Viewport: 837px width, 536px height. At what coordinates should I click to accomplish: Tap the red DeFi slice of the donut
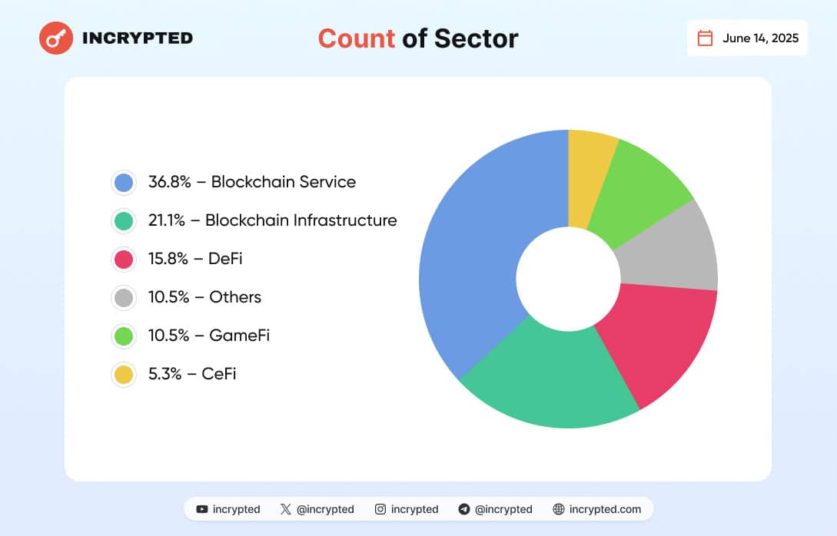click(653, 338)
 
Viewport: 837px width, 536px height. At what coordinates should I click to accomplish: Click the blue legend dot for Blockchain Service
click(123, 182)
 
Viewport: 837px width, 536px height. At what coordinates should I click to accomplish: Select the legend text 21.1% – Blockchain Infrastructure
click(272, 220)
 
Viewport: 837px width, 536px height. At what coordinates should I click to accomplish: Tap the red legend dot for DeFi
click(123, 259)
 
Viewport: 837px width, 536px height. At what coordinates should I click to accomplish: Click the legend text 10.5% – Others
click(204, 297)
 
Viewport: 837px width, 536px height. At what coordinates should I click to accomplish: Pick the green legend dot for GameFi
click(123, 336)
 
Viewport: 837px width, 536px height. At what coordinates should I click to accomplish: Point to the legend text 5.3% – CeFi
click(192, 374)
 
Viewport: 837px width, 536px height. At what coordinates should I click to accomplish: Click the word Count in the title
click(356, 38)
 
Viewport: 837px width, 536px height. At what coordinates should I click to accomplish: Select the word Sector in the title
click(476, 38)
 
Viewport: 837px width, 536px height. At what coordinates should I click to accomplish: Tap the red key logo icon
click(56, 38)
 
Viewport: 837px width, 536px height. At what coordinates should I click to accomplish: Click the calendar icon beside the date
click(705, 38)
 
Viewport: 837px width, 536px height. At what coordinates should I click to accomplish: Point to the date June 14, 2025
click(760, 38)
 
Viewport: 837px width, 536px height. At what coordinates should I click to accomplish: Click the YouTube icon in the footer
click(202, 509)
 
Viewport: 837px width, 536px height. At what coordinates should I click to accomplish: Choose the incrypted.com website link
click(604, 509)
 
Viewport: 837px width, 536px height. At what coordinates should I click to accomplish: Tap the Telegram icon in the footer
click(463, 509)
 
